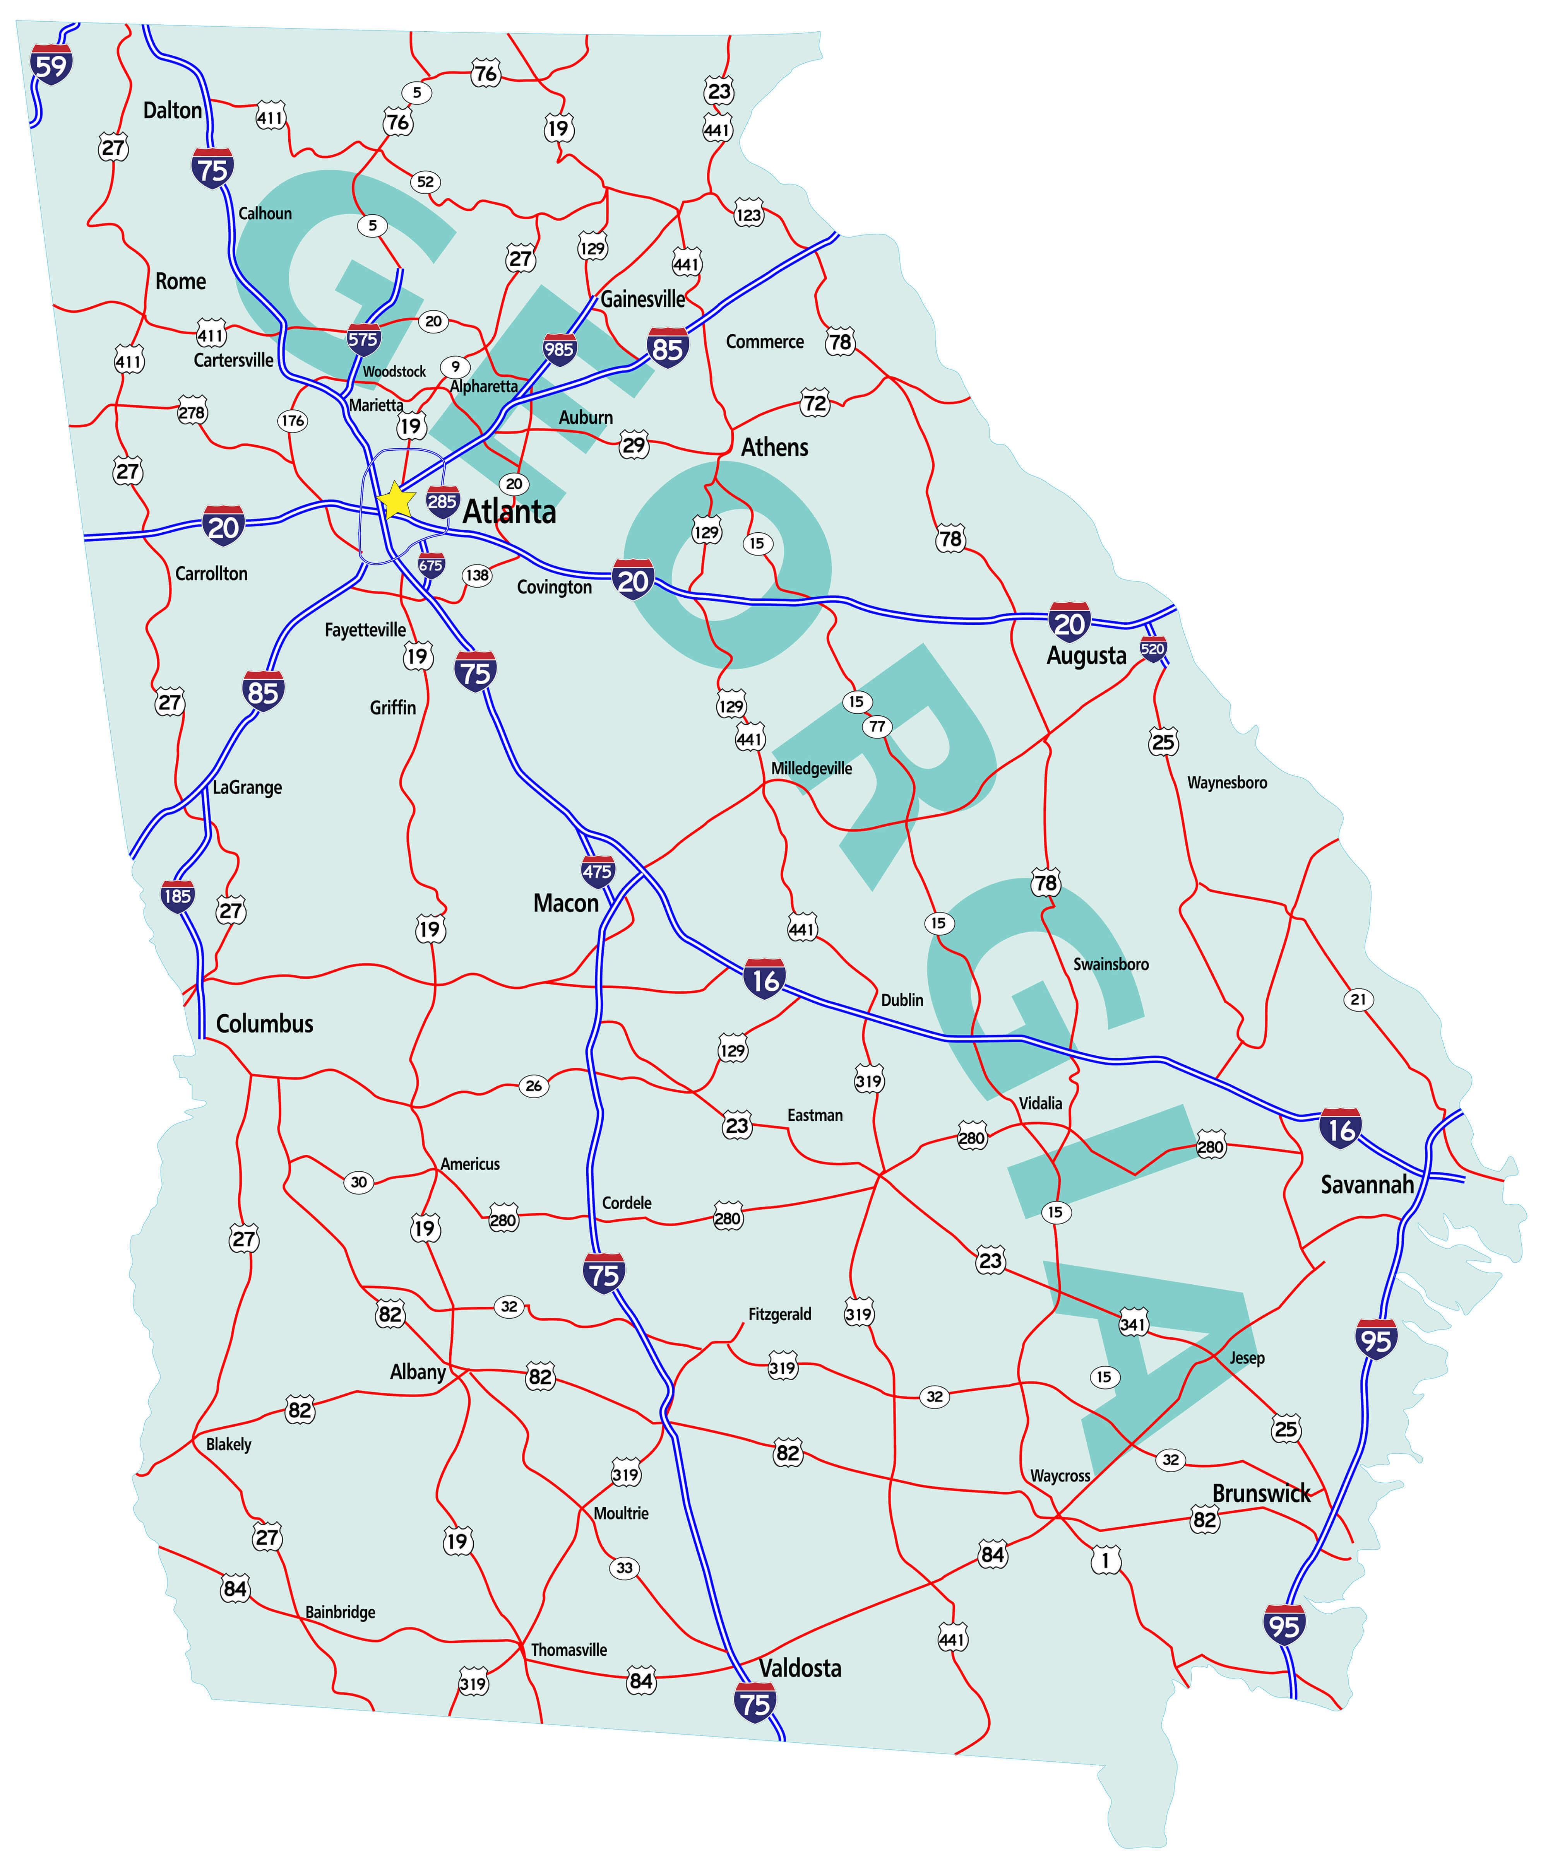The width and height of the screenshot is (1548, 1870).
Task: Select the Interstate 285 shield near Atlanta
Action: (x=442, y=502)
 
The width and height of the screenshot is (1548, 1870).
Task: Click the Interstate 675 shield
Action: (x=431, y=566)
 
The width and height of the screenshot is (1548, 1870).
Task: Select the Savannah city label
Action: (x=1366, y=1185)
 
